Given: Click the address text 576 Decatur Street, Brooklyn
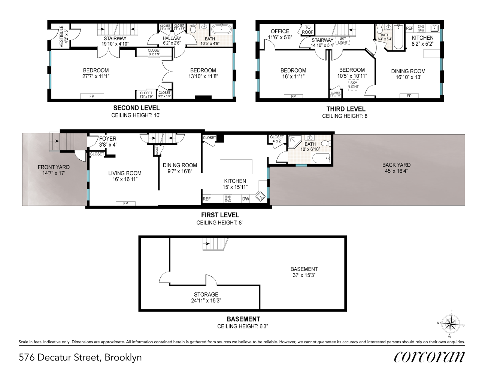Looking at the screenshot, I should click(x=80, y=357).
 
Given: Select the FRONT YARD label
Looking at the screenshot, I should click(x=54, y=167).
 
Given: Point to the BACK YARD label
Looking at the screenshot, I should click(x=396, y=165).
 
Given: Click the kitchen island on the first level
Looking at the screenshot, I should click(x=236, y=166).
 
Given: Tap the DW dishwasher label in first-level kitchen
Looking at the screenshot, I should click(x=245, y=199).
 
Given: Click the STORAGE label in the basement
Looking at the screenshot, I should click(x=206, y=295).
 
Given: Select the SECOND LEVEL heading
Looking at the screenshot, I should click(x=136, y=108).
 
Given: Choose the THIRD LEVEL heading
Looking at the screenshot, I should click(x=345, y=109).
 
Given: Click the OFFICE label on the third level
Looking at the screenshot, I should click(x=280, y=31).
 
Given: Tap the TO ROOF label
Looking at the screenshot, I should click(x=307, y=30).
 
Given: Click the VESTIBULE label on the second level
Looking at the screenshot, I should click(x=62, y=37).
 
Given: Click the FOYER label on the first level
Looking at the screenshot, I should click(x=107, y=139).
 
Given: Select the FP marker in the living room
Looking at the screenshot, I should click(x=125, y=203).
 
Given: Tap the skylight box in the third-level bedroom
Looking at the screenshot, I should click(x=354, y=85).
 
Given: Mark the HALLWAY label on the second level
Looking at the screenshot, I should click(x=172, y=38).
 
